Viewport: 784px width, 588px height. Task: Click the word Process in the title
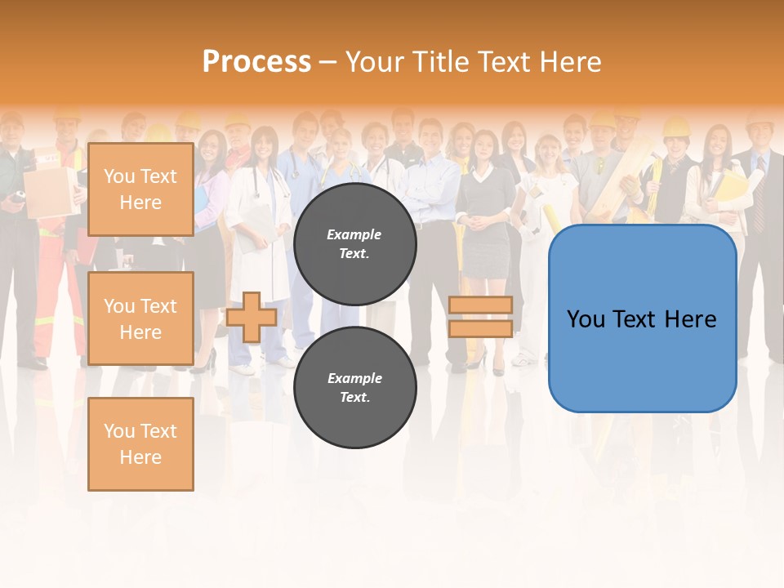256,61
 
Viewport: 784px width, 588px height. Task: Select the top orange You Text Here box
140,189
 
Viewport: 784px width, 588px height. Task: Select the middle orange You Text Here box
140,318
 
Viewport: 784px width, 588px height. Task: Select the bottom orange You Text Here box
140,443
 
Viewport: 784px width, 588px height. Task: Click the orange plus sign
252,317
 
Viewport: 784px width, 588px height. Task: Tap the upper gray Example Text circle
354,243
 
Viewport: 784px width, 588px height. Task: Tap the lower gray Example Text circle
354,387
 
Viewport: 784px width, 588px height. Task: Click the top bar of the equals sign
480,305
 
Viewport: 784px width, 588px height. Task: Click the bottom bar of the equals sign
480,328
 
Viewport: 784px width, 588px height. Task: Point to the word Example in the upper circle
354,234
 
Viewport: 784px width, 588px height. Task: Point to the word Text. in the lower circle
354,397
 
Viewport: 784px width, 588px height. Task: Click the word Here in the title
569,61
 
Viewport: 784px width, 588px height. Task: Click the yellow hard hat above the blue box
676,126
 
